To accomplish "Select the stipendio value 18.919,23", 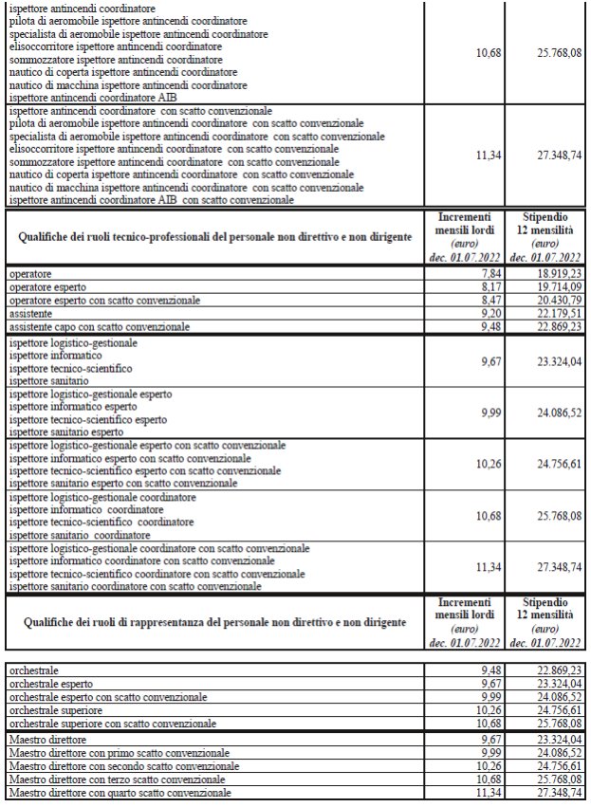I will [545, 273].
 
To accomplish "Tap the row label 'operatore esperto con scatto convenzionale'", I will [104, 301].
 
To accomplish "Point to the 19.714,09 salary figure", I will [545, 286].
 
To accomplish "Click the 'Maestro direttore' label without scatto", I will [47, 738].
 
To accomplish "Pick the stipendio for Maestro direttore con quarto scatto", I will [545, 792].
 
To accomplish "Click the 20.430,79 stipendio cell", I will [545, 301].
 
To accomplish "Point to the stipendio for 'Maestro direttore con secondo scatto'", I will [545, 765].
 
